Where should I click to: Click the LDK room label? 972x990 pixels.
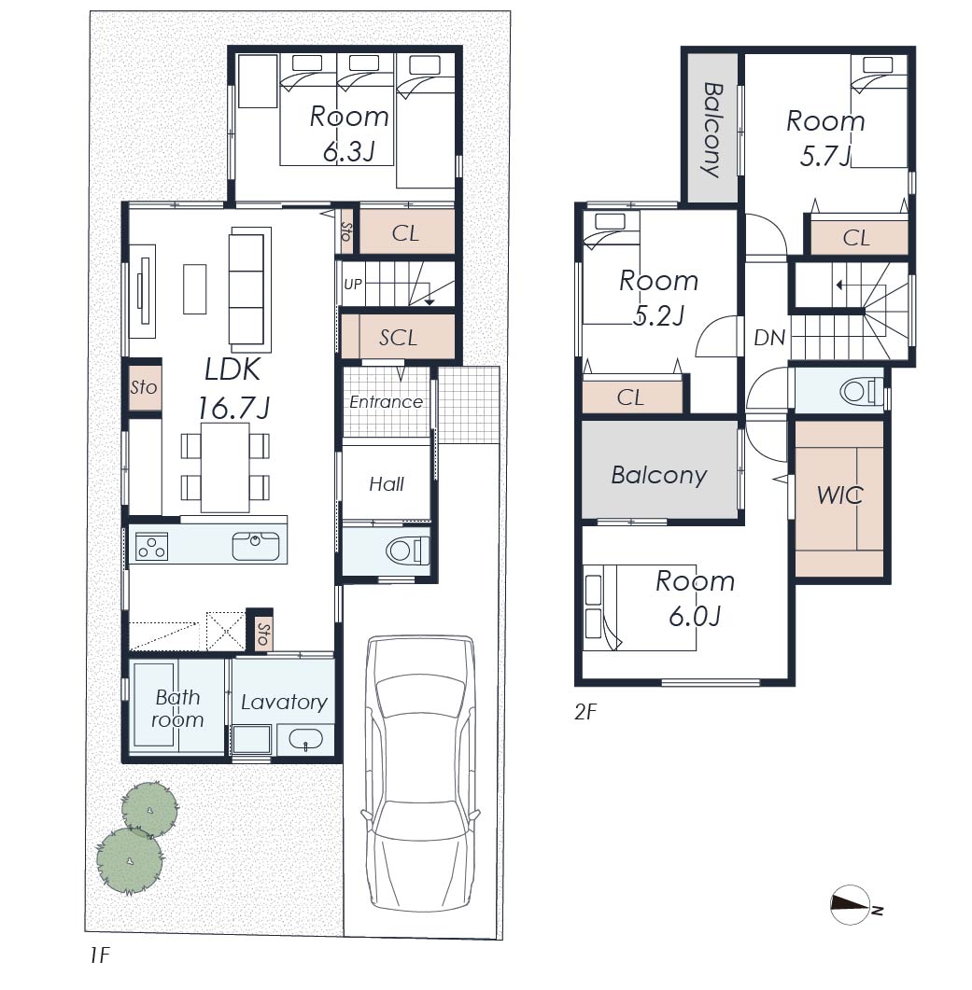232,370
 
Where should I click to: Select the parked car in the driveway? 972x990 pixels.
420,774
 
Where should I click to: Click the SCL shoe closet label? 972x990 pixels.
398,338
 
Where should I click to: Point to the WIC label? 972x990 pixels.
840,495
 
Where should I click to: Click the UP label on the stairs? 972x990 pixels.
353,284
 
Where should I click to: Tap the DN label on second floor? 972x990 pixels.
769,338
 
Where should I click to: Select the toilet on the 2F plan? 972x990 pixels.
862,392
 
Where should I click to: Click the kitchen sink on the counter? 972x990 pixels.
255,546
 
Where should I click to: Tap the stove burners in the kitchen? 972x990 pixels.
151,547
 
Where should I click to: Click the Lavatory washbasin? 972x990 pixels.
305,739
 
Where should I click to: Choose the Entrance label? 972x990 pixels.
387,401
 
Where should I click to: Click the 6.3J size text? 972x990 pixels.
349,151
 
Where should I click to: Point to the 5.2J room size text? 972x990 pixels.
658,315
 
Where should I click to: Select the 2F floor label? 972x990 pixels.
585,712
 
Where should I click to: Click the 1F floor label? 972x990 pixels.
100,955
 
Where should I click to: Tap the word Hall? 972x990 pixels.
387,484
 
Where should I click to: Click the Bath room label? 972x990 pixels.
177,708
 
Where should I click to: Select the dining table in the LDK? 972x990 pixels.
225,467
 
